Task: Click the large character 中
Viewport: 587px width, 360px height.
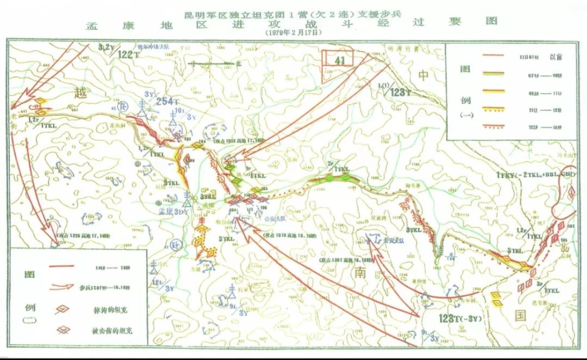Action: pyautogui.click(x=424, y=75)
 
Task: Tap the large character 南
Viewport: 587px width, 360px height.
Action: pyautogui.click(x=360, y=272)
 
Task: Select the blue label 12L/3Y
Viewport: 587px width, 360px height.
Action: pyautogui.click(x=161, y=285)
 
